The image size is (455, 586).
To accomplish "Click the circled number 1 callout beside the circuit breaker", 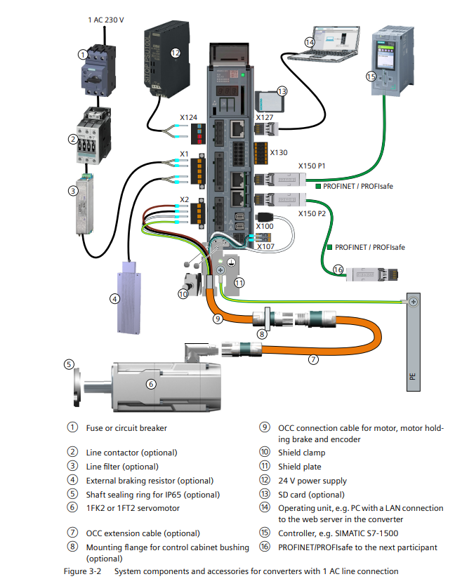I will pos(82,54).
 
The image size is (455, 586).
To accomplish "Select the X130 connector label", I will pos(279,152).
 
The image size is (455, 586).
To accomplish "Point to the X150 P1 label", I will pos(312,166).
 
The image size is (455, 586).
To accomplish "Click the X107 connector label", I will pos(265,246).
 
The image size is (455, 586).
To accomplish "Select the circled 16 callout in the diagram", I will pos(338,269).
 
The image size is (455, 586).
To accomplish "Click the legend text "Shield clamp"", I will pos(301,453).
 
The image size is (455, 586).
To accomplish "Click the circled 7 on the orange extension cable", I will pos(314,359).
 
